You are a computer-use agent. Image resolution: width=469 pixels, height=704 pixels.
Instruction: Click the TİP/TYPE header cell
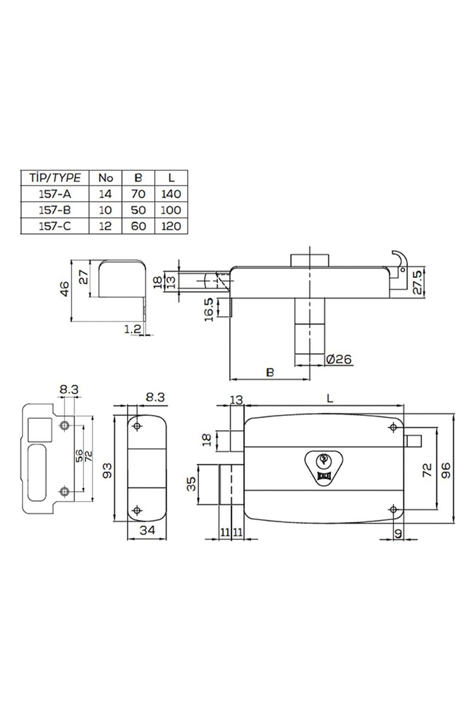(55, 178)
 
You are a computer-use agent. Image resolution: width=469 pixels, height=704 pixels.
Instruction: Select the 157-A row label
(55, 194)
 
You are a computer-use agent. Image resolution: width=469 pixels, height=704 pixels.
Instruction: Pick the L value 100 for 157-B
(171, 210)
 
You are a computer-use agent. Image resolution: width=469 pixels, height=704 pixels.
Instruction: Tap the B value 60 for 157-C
(138, 226)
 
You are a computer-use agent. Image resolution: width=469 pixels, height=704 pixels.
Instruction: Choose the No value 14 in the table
(105, 194)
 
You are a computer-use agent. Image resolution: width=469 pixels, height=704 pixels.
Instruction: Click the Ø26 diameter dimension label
(339, 359)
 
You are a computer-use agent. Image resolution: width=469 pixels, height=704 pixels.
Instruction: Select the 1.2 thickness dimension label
(133, 329)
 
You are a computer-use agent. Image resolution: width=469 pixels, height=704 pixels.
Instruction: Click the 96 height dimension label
(446, 470)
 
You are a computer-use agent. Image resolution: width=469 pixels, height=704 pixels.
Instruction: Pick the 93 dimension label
(107, 470)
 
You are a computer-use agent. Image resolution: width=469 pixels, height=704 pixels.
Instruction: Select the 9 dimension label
(398, 534)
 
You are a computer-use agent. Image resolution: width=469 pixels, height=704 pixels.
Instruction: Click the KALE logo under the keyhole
(324, 476)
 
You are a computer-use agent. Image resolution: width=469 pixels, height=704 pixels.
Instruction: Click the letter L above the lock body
(330, 398)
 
